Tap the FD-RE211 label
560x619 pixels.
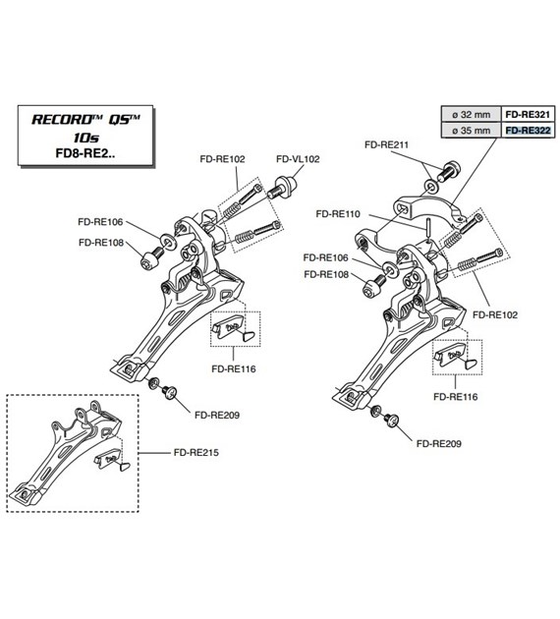[386, 144]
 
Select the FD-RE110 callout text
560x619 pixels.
[338, 212]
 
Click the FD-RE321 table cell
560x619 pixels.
[528, 114]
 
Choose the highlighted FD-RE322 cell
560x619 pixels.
[528, 130]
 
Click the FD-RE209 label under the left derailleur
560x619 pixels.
[218, 415]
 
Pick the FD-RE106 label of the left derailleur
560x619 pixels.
[101, 222]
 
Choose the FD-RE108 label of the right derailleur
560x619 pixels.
[327, 274]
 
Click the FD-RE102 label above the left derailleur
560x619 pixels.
[223, 157]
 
